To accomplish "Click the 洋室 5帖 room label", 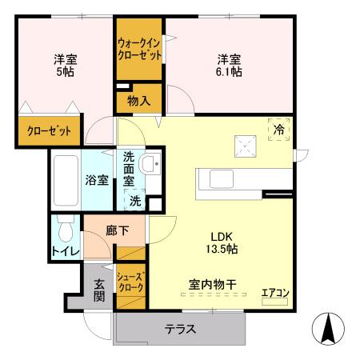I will (65, 65).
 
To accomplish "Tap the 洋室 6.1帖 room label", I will (229, 65).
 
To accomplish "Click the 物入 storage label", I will (140, 100).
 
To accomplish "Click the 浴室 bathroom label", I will (98, 180).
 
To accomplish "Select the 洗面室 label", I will (130, 170).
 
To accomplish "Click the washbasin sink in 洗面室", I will (150, 166).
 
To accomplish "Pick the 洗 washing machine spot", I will (136, 201).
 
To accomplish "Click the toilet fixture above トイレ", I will (66, 231).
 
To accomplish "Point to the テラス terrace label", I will (181, 330).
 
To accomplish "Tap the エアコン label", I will (275, 293).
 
